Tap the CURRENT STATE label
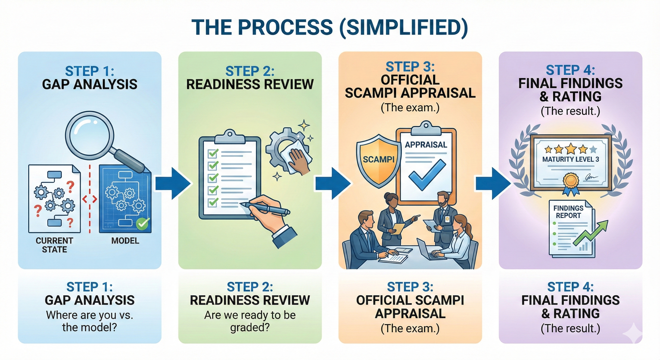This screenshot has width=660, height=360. (54, 245)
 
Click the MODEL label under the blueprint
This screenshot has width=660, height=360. (125, 241)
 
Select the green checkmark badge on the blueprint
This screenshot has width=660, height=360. (143, 224)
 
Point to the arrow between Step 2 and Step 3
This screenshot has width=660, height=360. (333, 183)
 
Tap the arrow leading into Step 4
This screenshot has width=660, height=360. (493, 183)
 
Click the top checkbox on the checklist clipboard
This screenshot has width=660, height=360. (213, 153)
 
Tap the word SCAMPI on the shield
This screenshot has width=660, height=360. (378, 159)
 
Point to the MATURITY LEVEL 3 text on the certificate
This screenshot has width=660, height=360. (571, 159)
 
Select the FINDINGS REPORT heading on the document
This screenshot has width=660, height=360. (568, 212)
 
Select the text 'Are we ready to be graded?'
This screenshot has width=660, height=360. (250, 321)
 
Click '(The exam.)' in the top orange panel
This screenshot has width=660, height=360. (410, 108)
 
